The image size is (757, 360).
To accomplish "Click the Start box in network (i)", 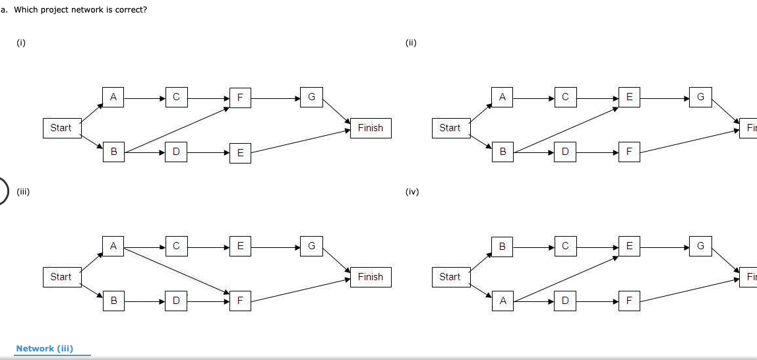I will coord(61,127).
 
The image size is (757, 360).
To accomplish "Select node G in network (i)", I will coord(311,98).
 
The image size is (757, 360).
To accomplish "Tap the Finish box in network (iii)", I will coord(370,277).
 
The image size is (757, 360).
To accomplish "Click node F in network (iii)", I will coord(240,301).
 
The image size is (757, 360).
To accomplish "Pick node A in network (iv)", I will coord(502,301).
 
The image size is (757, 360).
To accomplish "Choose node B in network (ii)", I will coord(502,152).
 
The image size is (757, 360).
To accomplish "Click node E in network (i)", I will coord(240,153).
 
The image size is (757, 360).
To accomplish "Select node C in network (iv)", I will coord(565,247).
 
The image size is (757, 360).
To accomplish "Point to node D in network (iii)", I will coord(175,301).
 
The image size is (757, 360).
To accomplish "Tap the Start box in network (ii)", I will coord(450,127).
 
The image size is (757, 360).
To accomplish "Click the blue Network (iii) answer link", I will coord(45,348).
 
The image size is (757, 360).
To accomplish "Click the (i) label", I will coord(21,43).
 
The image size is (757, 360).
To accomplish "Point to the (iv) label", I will coord(412,192).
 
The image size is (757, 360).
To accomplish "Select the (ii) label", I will coord(411,43).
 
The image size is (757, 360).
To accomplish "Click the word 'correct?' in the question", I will coord(129,11).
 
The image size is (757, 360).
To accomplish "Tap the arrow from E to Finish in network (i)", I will coord(300,141).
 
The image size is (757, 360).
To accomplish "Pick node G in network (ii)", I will coord(700,98).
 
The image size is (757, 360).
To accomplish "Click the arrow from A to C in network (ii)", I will coord(533,98).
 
